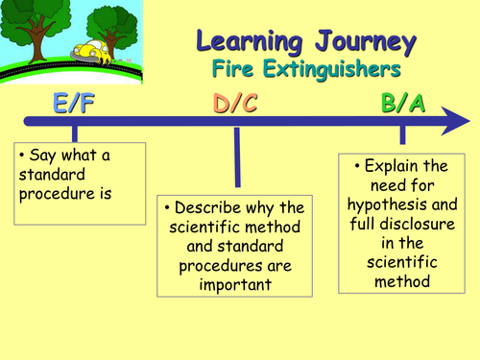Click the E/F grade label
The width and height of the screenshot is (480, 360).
pos(74,104)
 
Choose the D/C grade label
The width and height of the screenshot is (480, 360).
pos(234,104)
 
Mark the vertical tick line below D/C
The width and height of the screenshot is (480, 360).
pos(235,158)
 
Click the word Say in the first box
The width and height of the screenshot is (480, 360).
pos(44,156)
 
